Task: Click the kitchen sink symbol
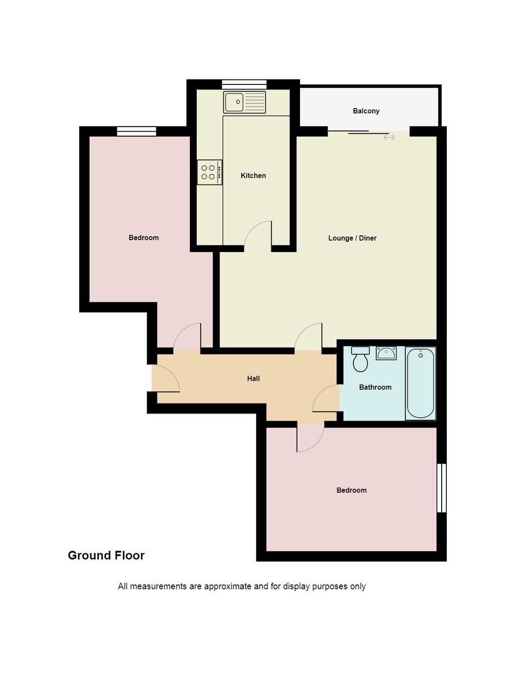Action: pos(244,102)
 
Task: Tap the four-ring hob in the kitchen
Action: pos(209,172)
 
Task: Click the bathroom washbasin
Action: pos(387,354)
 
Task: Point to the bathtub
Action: pos(420,384)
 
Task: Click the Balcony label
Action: pos(366,111)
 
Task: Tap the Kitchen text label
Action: pos(253,175)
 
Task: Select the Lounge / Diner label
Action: pos(352,238)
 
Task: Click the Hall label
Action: pos(253,379)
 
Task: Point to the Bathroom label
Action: pos(375,387)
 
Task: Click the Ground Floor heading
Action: pos(106,555)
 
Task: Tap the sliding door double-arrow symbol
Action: pos(389,137)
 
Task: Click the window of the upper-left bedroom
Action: pos(137,131)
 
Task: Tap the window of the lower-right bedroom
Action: pos(441,488)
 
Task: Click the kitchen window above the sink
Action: pos(244,84)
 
